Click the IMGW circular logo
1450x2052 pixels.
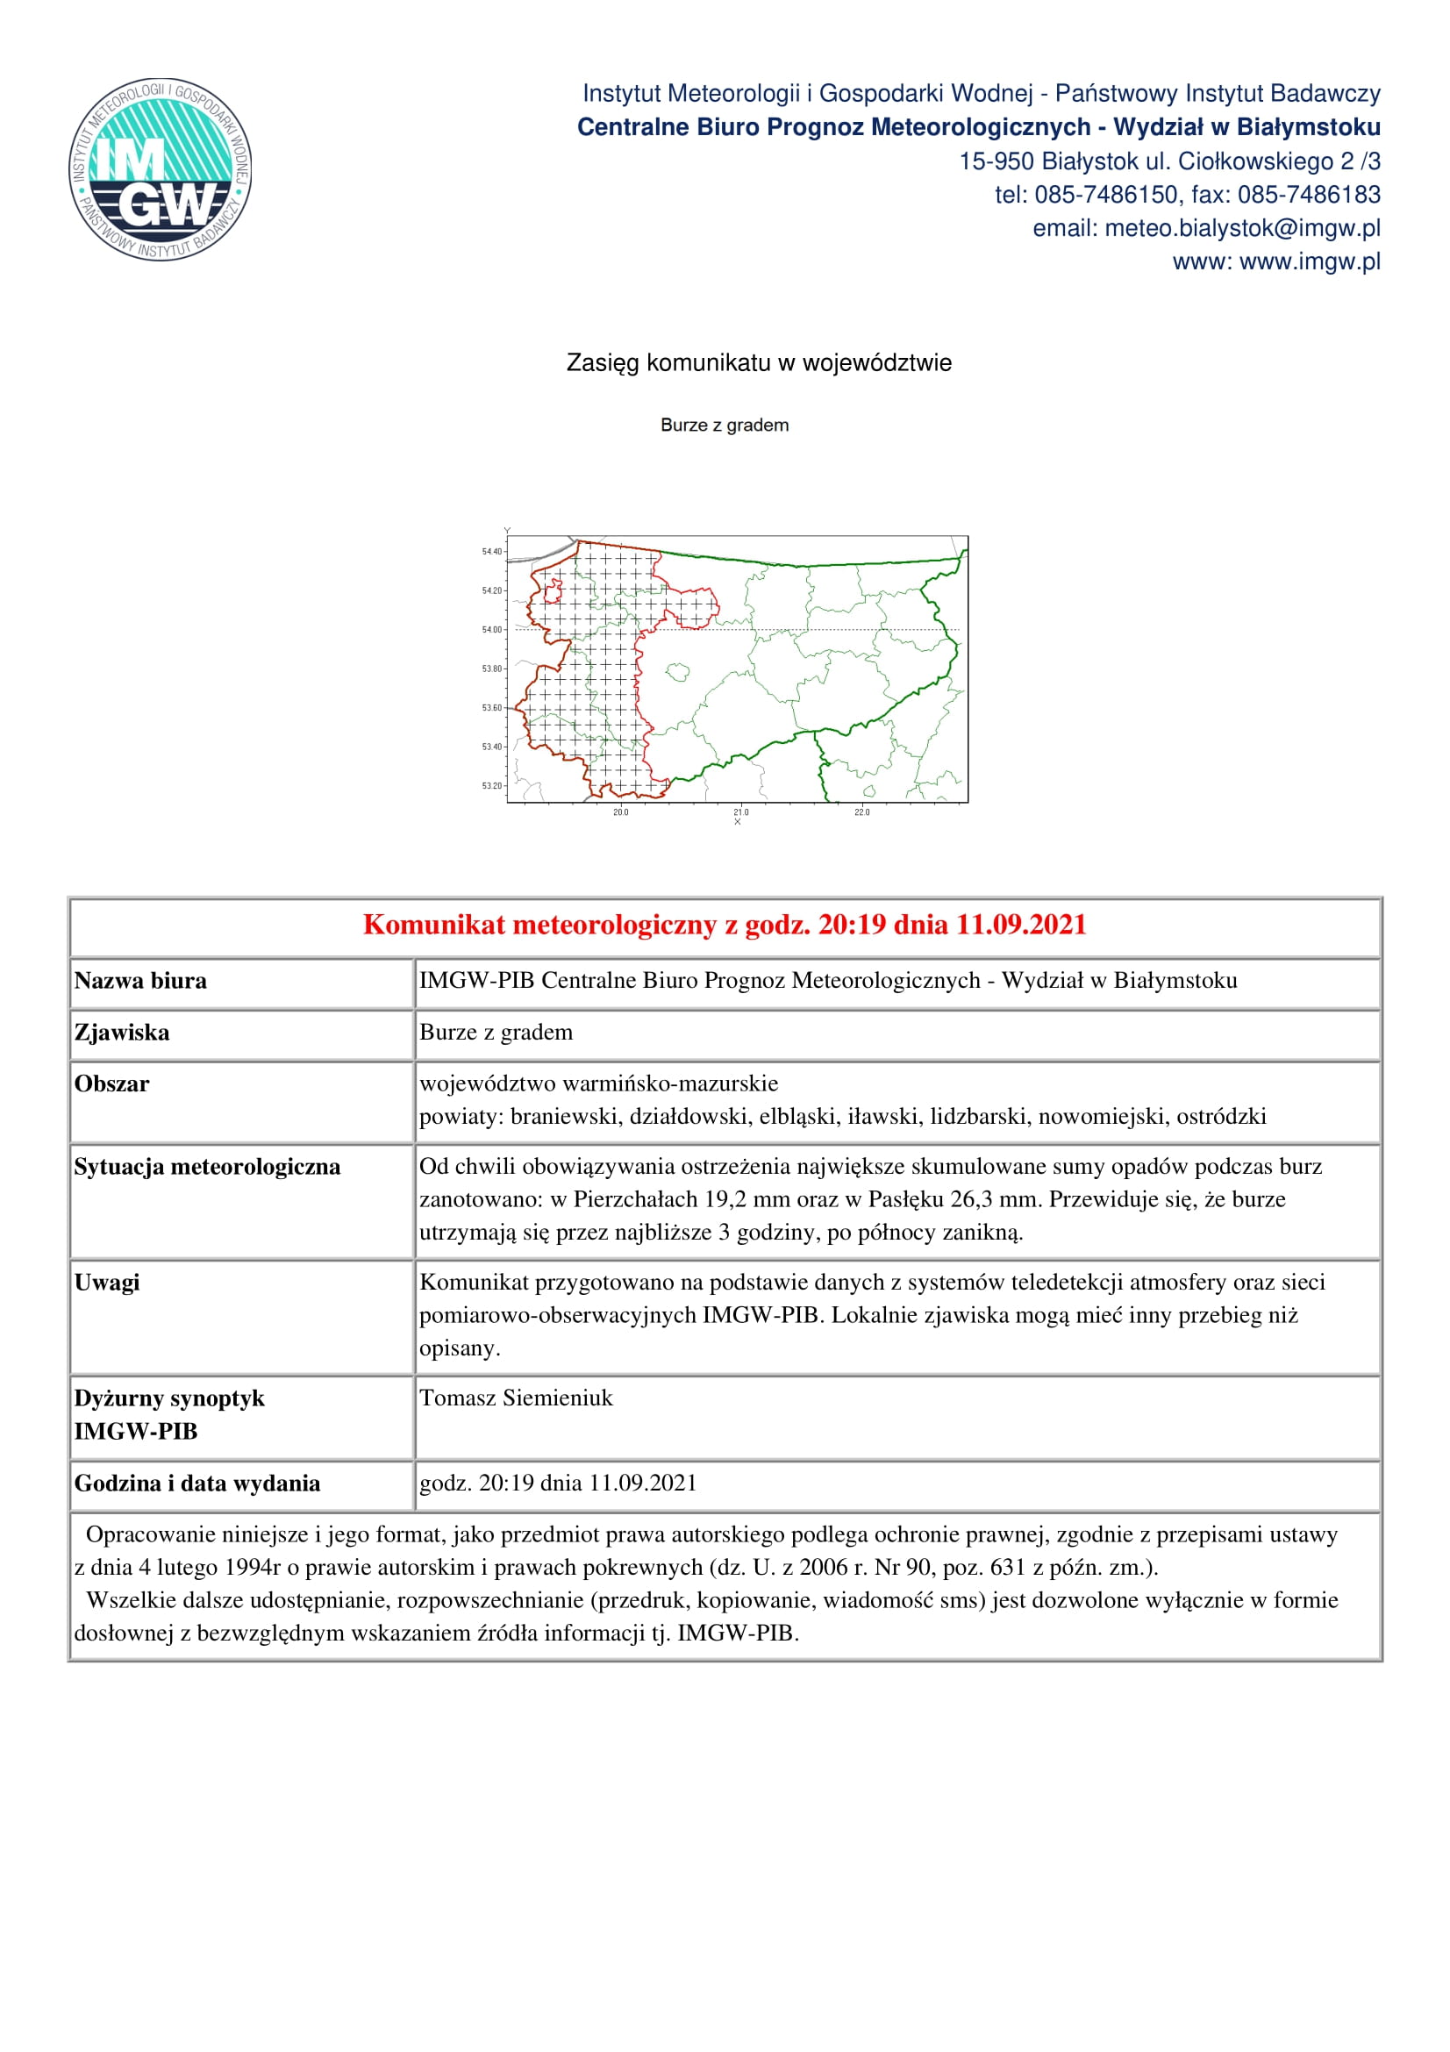(160, 169)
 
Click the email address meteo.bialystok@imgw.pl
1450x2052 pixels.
(1242, 229)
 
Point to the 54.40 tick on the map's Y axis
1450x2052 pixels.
(492, 552)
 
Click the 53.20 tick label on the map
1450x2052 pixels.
(492, 785)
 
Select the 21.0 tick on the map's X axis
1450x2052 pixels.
(740, 812)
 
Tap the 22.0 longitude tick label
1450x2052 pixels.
(861, 812)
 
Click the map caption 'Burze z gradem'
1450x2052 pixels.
(725, 425)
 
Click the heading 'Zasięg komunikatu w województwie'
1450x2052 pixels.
(759, 363)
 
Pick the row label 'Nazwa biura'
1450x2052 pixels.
(140, 981)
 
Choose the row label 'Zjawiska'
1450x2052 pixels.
(122, 1033)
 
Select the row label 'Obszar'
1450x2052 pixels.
(111, 1084)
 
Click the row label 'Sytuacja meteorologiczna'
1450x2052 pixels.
(207, 1166)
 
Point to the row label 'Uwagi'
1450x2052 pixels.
(107, 1283)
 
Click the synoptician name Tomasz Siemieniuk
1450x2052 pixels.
(517, 1398)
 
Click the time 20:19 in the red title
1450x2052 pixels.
(848, 924)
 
